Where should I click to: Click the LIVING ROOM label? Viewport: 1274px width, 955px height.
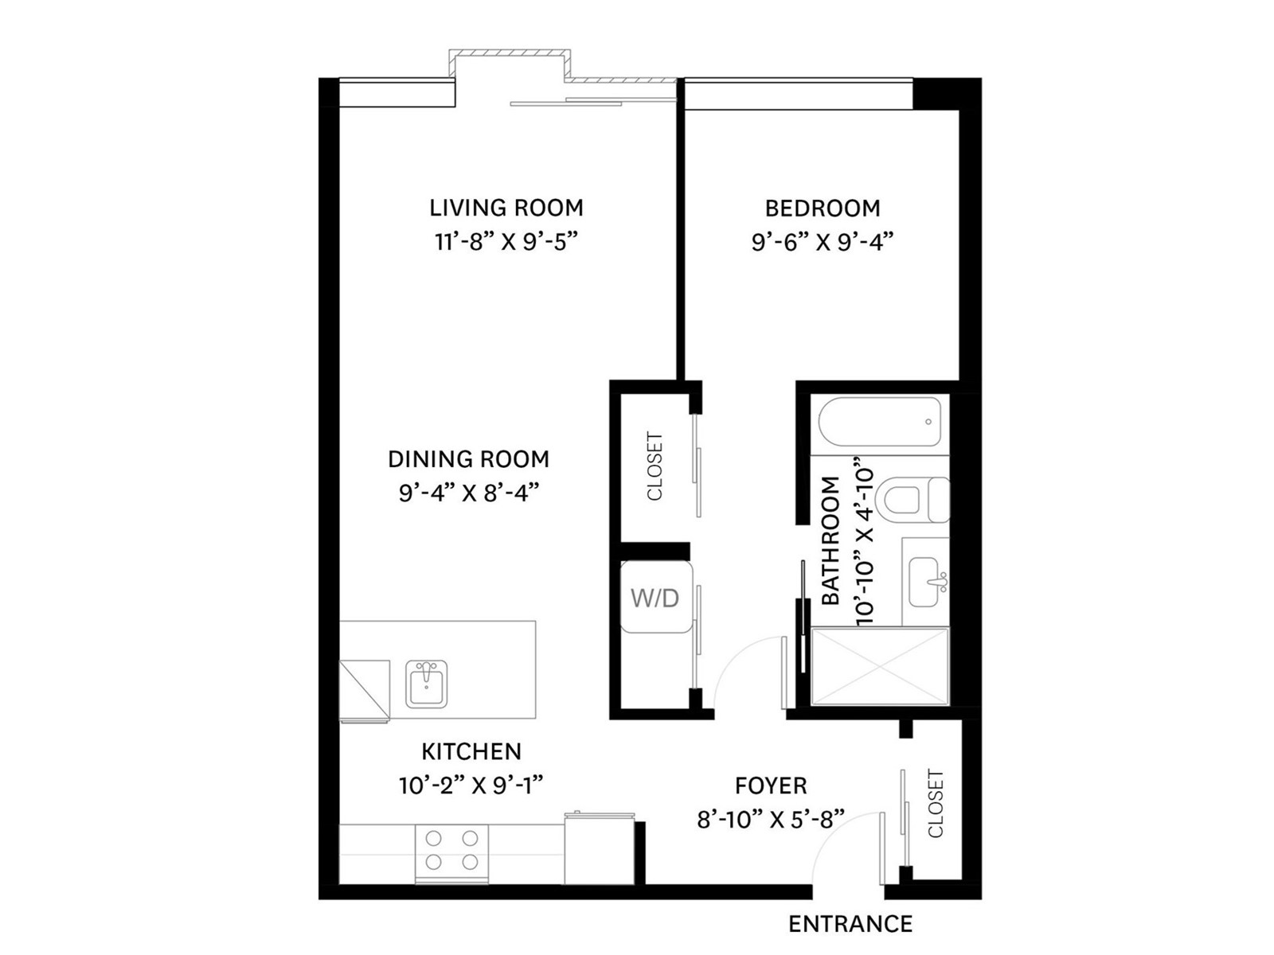506,208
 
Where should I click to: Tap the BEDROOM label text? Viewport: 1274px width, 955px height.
823,209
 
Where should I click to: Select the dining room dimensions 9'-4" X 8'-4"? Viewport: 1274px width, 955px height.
470,493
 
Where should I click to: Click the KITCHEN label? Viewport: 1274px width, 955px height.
471,751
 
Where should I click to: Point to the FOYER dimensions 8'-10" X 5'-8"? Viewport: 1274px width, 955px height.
771,820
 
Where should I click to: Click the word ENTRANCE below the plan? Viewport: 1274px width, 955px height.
850,924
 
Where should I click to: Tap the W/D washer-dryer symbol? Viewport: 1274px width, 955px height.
656,597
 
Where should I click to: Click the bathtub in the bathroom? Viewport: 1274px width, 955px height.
879,422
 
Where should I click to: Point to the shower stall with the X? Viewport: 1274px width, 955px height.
880,666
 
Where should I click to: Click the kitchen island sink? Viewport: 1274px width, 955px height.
427,684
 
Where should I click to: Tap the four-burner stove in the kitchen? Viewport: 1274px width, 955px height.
451,854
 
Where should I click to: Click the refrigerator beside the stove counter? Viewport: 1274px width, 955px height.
600,849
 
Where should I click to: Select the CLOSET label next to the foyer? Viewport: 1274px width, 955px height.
936,803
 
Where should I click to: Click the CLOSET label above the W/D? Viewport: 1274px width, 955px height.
655,466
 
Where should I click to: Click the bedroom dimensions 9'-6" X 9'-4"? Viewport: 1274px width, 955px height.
822,242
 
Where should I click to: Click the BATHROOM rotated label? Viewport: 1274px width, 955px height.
831,540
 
